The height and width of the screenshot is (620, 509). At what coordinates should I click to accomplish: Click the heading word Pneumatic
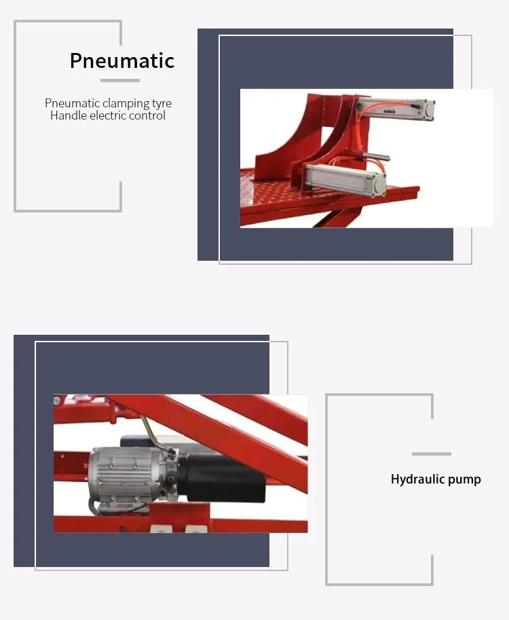(122, 60)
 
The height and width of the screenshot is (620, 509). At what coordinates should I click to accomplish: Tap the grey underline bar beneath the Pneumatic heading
(120, 81)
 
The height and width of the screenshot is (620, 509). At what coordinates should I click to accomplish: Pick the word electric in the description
(107, 115)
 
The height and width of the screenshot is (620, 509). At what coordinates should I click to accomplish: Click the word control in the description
(148, 115)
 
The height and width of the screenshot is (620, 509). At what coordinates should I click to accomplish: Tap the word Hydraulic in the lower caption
(417, 479)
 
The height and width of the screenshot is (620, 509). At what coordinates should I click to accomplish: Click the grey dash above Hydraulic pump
(431, 454)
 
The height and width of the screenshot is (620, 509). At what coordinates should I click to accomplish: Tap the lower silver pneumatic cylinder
(343, 178)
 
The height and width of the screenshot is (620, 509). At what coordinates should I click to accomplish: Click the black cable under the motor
(109, 505)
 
